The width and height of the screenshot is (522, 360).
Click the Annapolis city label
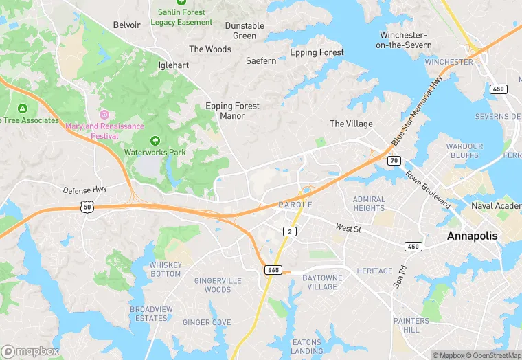click(472, 236)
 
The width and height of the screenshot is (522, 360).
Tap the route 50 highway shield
click(86, 206)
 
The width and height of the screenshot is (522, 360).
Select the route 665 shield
click(273, 271)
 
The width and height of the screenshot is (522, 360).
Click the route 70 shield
click(394, 161)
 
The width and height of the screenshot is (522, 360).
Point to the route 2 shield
click(291, 232)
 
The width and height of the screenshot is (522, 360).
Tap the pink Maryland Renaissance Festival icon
click(104, 114)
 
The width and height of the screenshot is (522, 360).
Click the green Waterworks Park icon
click(155, 140)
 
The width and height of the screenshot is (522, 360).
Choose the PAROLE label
click(295, 205)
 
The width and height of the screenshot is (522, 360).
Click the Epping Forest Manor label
click(234, 111)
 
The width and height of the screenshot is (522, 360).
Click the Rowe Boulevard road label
click(427, 190)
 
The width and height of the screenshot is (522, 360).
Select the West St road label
click(348, 227)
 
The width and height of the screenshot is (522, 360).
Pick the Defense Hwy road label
click(86, 190)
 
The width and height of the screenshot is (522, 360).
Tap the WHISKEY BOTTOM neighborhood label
click(166, 269)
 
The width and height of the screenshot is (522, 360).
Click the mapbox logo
click(30, 351)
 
